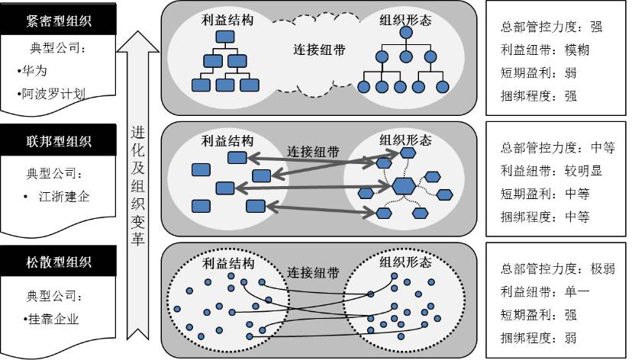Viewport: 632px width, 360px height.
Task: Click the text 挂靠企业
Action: (53, 319)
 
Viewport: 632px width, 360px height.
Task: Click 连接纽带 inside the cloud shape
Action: (318, 51)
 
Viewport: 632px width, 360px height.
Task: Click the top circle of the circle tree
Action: (406, 34)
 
